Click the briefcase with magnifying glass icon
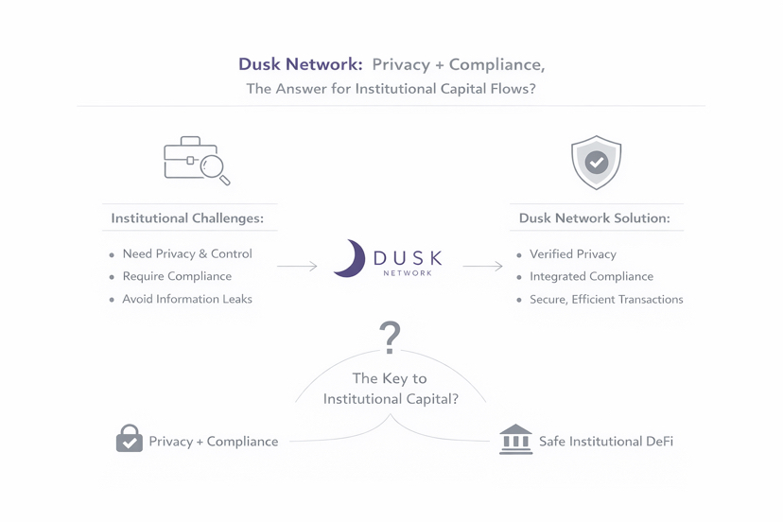pyautogui.click(x=196, y=161)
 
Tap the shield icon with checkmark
pyautogui.click(x=596, y=163)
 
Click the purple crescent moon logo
pyautogui.click(x=350, y=258)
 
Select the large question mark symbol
pyautogui.click(x=390, y=337)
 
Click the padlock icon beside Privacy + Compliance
pyautogui.click(x=129, y=440)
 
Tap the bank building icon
pyautogui.click(x=515, y=440)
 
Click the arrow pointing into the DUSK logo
pyautogui.click(x=297, y=267)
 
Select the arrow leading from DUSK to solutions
pyautogui.click(x=482, y=267)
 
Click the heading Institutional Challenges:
pyautogui.click(x=187, y=218)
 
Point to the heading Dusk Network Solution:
pyautogui.click(x=594, y=218)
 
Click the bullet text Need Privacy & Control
pyautogui.click(x=187, y=254)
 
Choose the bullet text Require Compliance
pyautogui.click(x=177, y=277)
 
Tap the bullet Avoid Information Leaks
pyautogui.click(x=187, y=300)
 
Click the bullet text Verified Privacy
pyautogui.click(x=572, y=254)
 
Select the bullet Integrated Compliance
pyautogui.click(x=591, y=277)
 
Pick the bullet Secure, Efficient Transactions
pyautogui.click(x=606, y=300)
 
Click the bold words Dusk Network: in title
pyautogui.click(x=301, y=65)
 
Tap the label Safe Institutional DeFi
pyautogui.click(x=605, y=442)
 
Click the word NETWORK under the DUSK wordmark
pyautogui.click(x=408, y=273)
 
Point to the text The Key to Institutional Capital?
pyautogui.click(x=391, y=389)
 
